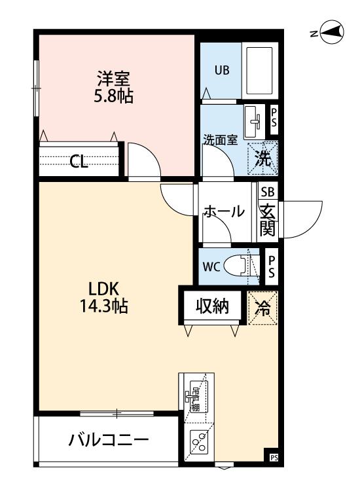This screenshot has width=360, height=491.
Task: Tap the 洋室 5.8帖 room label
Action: point(113,87)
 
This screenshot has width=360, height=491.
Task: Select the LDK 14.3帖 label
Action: point(103,297)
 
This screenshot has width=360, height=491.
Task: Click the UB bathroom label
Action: point(222,70)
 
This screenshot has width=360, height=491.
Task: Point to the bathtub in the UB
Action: point(259,71)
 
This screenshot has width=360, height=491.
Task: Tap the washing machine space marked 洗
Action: point(262,158)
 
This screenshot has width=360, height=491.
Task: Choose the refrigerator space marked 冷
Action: point(262,308)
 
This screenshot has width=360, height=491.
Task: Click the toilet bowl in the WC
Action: point(240,266)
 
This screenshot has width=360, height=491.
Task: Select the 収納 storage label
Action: point(212,306)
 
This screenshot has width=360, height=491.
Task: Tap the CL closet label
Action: point(79,162)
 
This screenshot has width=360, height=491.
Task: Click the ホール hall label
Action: point(223,211)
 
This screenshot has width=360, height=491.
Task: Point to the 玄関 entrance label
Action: point(268,219)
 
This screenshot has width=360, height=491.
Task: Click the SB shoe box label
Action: point(268,192)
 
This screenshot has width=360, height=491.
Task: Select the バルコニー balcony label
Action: point(109,441)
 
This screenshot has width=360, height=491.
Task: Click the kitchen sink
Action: point(199,396)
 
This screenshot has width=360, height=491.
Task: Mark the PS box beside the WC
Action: point(272,267)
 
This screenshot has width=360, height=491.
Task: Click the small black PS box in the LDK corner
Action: point(274,458)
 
